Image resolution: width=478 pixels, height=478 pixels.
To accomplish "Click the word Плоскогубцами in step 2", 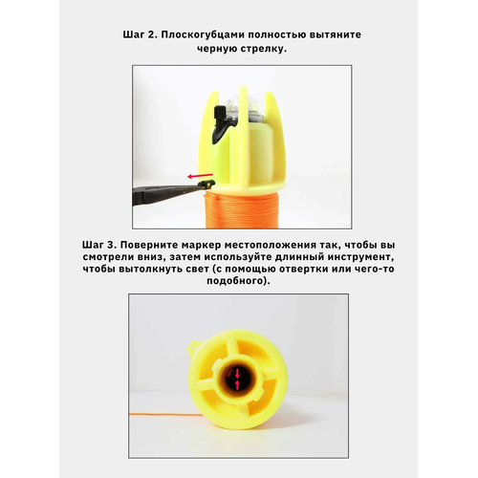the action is coord(203,34).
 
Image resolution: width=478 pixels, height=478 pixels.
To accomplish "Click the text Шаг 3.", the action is coord(99,245).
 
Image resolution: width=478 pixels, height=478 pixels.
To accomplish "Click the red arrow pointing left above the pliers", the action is coord(200,176).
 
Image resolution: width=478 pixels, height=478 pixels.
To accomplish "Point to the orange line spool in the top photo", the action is coord(242,208).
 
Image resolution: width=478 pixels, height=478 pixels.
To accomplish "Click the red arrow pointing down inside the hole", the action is coord(237,373).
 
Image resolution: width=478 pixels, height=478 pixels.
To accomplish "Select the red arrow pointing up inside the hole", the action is coord(237,384).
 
